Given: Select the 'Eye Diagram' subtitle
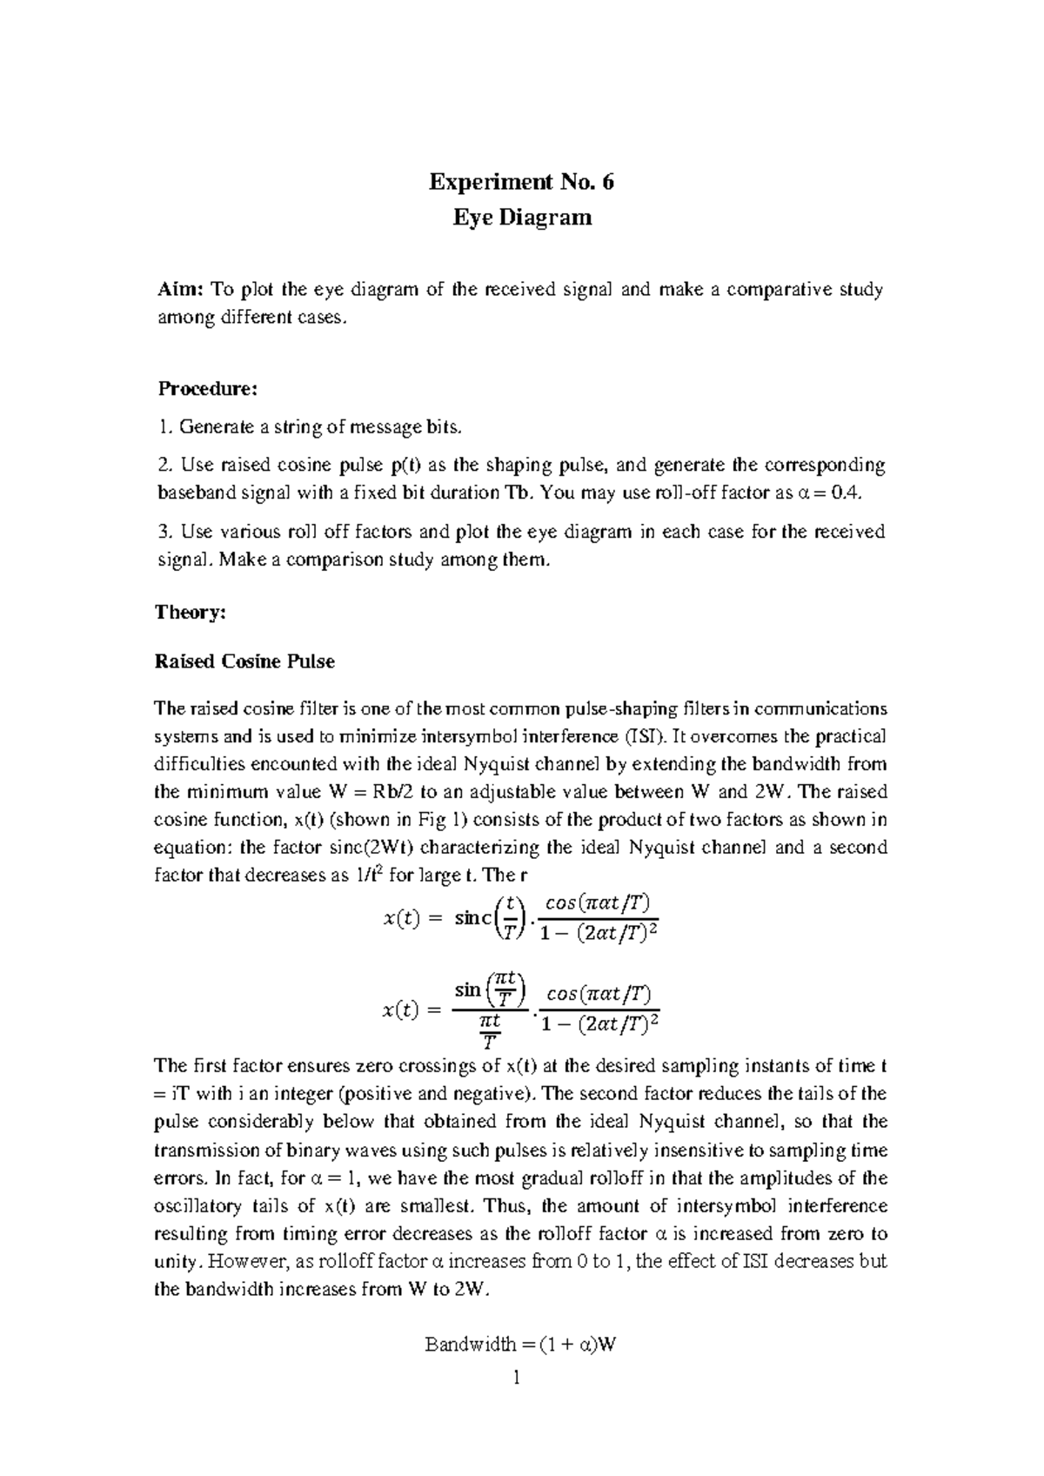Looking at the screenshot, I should click(521, 218).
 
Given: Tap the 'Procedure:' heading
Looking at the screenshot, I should click(206, 389).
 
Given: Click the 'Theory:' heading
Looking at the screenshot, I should click(190, 612).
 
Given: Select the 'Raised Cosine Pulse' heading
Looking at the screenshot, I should click(244, 661).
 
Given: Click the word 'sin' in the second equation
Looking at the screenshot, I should click(468, 990).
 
